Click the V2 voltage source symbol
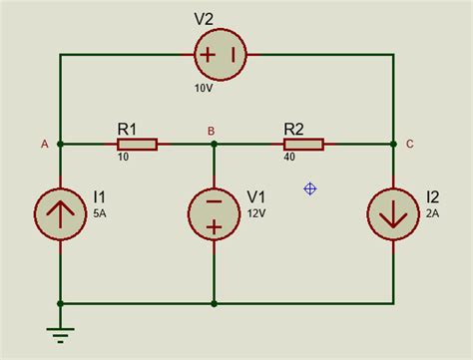pyautogui.click(x=222, y=55)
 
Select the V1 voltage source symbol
pyautogui.click(x=214, y=211)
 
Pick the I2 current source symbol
pyautogui.click(x=392, y=211)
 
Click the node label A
pyautogui.click(x=44, y=144)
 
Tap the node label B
pyautogui.click(x=211, y=131)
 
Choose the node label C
pyautogui.click(x=411, y=144)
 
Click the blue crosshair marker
pyautogui.click(x=310, y=187)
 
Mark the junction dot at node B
pyautogui.click(x=214, y=145)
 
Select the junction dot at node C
pyautogui.click(x=392, y=145)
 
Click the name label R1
pyautogui.click(x=128, y=129)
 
